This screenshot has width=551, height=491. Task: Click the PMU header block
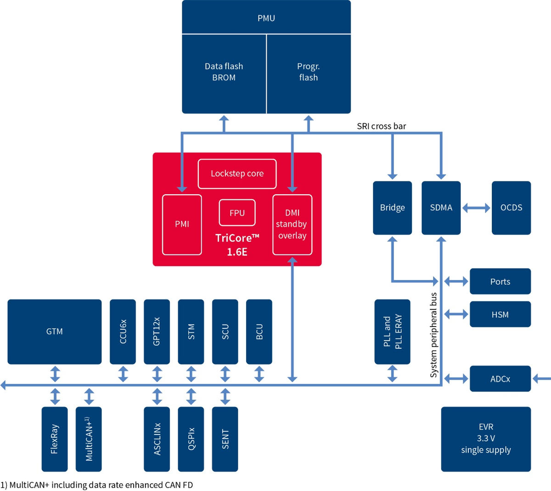pos(266,17)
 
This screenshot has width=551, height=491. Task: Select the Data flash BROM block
pos(224,73)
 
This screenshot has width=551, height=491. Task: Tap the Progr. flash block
pos(309,73)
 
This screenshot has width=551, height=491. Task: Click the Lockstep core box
pos(237,174)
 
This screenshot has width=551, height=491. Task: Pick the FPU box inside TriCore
pos(237,213)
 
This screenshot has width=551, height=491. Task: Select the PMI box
pos(182,224)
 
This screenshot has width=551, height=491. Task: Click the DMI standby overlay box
pos(292,224)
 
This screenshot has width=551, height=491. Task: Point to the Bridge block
pos(392,208)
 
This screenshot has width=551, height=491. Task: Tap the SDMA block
pos(441,208)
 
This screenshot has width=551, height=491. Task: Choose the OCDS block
pos(511,208)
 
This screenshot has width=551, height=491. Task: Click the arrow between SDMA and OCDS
pos(476,208)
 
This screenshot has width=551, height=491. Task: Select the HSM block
pos(500,315)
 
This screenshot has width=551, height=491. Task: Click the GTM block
pos(54,332)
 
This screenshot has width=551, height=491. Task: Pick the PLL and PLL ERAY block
pos(392,332)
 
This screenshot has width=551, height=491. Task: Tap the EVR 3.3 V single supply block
pos(486,439)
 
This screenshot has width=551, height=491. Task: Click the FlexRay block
pos(54,439)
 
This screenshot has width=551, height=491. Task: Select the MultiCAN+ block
pos(89,439)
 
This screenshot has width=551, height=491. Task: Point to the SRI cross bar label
pos(381,126)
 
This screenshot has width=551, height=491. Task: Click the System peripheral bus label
pos(433,335)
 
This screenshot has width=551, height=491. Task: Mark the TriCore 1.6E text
pos(237,245)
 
